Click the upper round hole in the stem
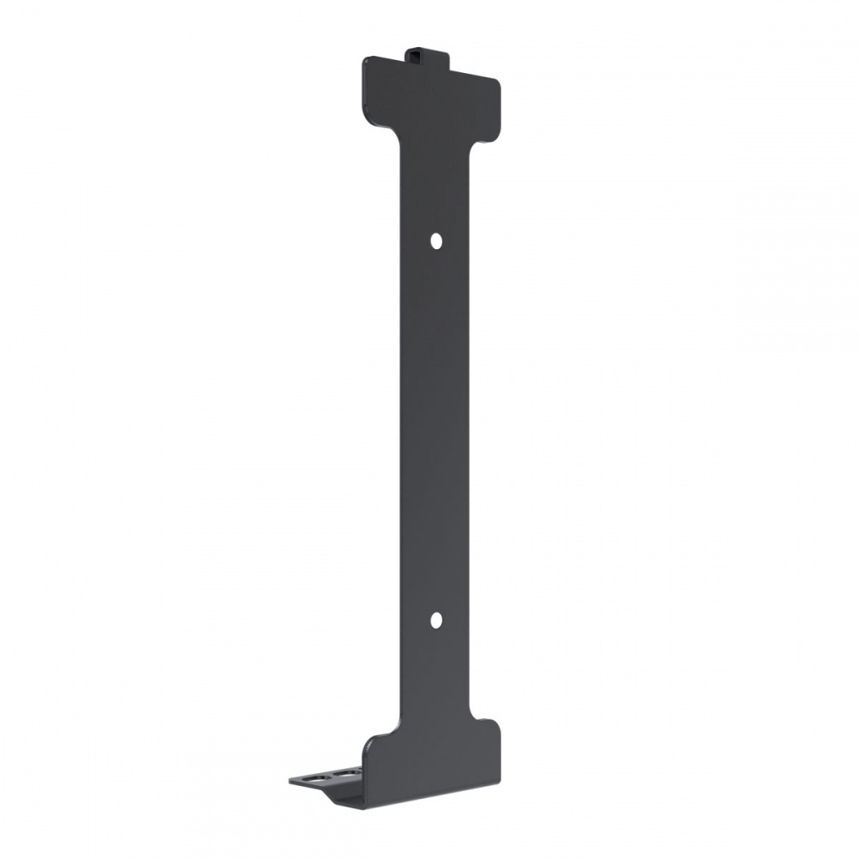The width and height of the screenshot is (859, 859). point(436,241)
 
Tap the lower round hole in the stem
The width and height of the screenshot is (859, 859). point(436,618)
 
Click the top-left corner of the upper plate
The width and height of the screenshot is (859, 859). point(366,60)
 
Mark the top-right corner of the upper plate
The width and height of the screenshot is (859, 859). point(497,79)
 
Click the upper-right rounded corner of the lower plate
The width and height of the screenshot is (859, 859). point(494,723)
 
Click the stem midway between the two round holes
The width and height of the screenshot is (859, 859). point(436,429)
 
